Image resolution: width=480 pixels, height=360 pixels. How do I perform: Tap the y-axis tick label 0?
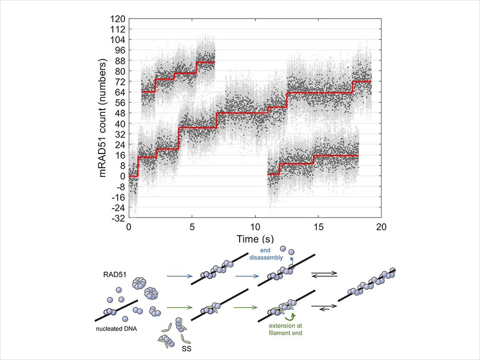[x=122, y=176]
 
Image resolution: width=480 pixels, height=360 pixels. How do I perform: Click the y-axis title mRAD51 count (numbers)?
[x=103, y=119]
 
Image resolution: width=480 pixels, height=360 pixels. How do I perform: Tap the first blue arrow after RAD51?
[x=179, y=276]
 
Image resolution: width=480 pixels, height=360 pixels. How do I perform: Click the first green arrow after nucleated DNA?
[x=179, y=308]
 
